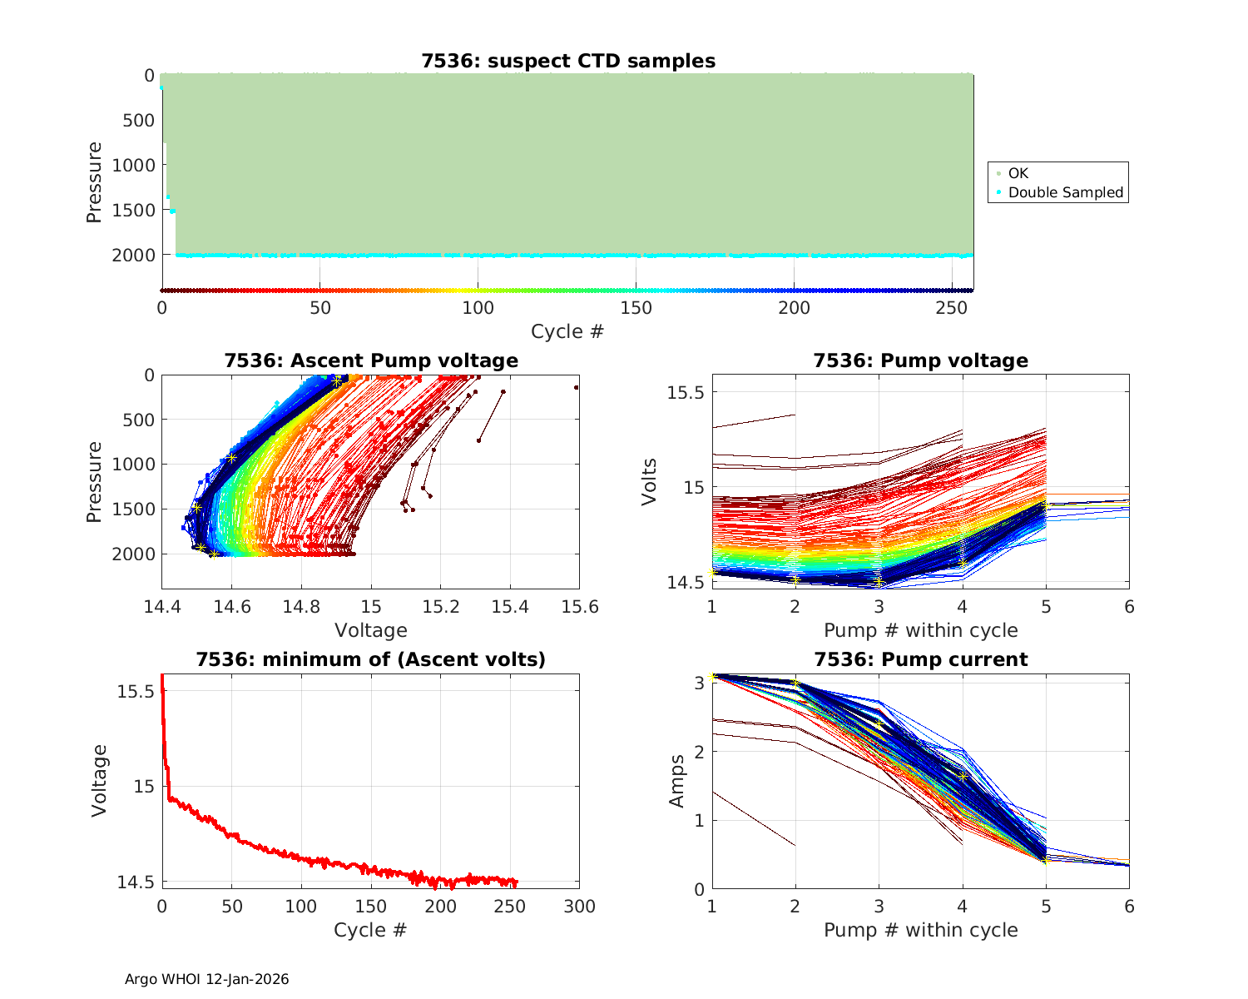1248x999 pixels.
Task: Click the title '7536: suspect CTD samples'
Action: [x=568, y=61]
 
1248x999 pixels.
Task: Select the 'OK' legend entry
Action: [x=1018, y=173]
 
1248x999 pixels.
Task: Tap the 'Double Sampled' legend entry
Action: [x=1065, y=192]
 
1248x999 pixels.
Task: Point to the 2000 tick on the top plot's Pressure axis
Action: [x=133, y=255]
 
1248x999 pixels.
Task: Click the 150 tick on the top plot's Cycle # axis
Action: [x=636, y=307]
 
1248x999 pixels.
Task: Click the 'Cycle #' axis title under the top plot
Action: [x=567, y=331]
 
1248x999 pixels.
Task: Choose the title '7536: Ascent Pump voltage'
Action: [x=371, y=360]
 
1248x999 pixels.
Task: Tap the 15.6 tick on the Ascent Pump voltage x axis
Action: [x=580, y=606]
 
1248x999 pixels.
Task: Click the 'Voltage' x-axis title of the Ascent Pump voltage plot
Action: [x=371, y=630]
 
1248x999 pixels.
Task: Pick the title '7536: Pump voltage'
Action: [x=920, y=360]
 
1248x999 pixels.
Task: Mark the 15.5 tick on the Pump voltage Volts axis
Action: [x=686, y=392]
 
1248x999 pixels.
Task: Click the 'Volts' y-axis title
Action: [x=650, y=481]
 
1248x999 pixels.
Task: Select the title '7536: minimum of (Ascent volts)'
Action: [x=371, y=659]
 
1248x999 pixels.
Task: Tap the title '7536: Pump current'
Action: [x=920, y=659]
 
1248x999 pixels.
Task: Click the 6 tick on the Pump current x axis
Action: [x=1129, y=906]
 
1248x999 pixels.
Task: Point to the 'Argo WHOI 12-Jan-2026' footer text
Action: [x=207, y=979]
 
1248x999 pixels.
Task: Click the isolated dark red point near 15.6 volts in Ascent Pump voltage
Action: [x=576, y=387]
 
